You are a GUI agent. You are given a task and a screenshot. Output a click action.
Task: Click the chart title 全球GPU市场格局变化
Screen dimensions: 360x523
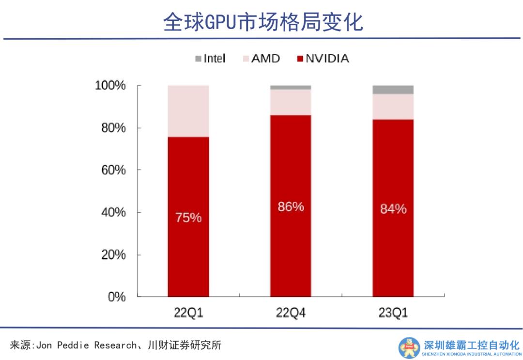click(x=263, y=22)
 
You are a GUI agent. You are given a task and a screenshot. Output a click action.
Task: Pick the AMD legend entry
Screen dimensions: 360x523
click(x=265, y=59)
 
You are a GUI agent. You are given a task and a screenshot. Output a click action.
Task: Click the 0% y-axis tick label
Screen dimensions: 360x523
click(x=117, y=297)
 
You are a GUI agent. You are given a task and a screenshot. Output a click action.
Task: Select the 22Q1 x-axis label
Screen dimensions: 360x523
click(x=188, y=313)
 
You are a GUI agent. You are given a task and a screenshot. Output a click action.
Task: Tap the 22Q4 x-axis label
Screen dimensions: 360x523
click(x=291, y=313)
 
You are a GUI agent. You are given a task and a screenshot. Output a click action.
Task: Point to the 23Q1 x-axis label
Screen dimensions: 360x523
click(x=393, y=313)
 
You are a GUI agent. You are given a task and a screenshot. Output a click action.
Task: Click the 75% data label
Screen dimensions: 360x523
click(x=188, y=218)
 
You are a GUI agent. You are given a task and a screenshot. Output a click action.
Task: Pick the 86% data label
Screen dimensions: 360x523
click(x=291, y=207)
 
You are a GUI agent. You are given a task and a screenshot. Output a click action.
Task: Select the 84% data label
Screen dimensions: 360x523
click(x=393, y=209)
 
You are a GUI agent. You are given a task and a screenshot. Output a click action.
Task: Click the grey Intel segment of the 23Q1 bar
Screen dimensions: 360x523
click(x=393, y=90)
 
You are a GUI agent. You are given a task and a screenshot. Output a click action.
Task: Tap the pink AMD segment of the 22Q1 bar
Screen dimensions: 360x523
click(x=188, y=111)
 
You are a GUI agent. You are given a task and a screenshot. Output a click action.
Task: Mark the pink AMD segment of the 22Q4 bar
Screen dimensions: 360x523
click(x=291, y=102)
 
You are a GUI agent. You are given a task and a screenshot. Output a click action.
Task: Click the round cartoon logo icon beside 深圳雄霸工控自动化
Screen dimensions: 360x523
click(x=409, y=347)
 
